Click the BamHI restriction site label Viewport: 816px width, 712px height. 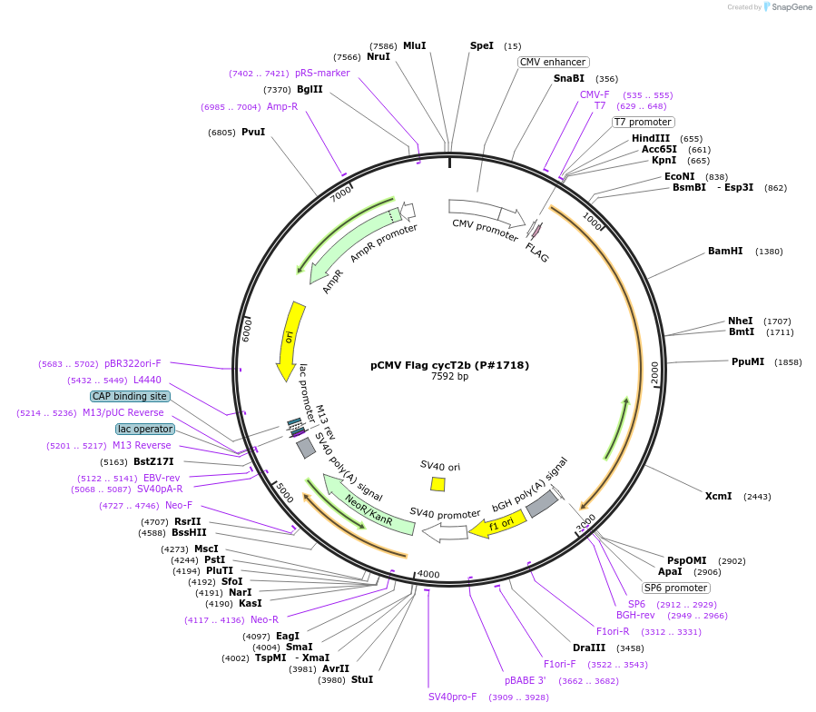[725, 252]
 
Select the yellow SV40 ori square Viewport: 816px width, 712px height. [437, 484]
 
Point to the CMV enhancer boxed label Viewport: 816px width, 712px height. [553, 62]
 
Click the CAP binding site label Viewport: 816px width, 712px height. [129, 396]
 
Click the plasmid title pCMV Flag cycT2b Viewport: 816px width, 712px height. [449, 365]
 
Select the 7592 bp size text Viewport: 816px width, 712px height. [449, 377]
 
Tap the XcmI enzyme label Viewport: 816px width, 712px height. [718, 496]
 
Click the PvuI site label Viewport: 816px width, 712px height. [253, 133]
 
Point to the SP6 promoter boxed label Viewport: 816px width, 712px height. [676, 588]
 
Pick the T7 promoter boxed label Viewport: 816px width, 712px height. [643, 122]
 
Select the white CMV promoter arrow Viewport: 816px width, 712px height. [487, 213]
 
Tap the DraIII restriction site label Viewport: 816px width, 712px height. [589, 648]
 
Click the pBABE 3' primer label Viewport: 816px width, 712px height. [526, 680]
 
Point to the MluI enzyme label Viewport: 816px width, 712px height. [414, 45]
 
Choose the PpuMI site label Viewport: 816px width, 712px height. [748, 361]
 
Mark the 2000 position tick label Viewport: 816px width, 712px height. [654, 372]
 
